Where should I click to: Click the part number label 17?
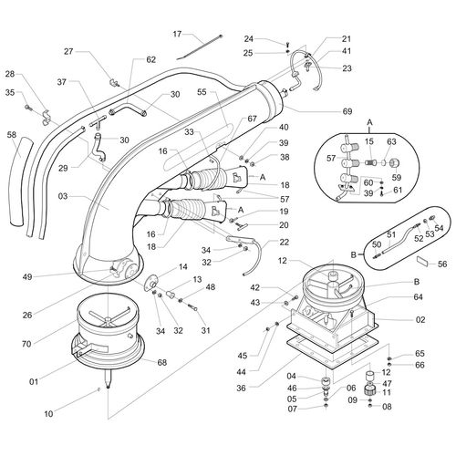coord(177,34)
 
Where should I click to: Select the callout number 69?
coord(347,111)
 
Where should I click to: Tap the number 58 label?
coord(12,134)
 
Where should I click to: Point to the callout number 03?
coord(63,196)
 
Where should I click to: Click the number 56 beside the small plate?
coord(442,264)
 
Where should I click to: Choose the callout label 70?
coord(26,344)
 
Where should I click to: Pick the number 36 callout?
coord(241,389)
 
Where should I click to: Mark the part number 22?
coord(284,243)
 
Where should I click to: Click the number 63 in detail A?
coord(391,141)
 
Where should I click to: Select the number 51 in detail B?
coord(392,235)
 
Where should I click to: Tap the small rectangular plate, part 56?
coord(423,261)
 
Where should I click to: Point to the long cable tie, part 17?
coord(200,47)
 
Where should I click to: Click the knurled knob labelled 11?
coord(369,389)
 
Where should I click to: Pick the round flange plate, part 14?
coord(150,283)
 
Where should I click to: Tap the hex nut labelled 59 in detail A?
coord(395,163)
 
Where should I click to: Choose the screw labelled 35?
coord(29,108)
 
